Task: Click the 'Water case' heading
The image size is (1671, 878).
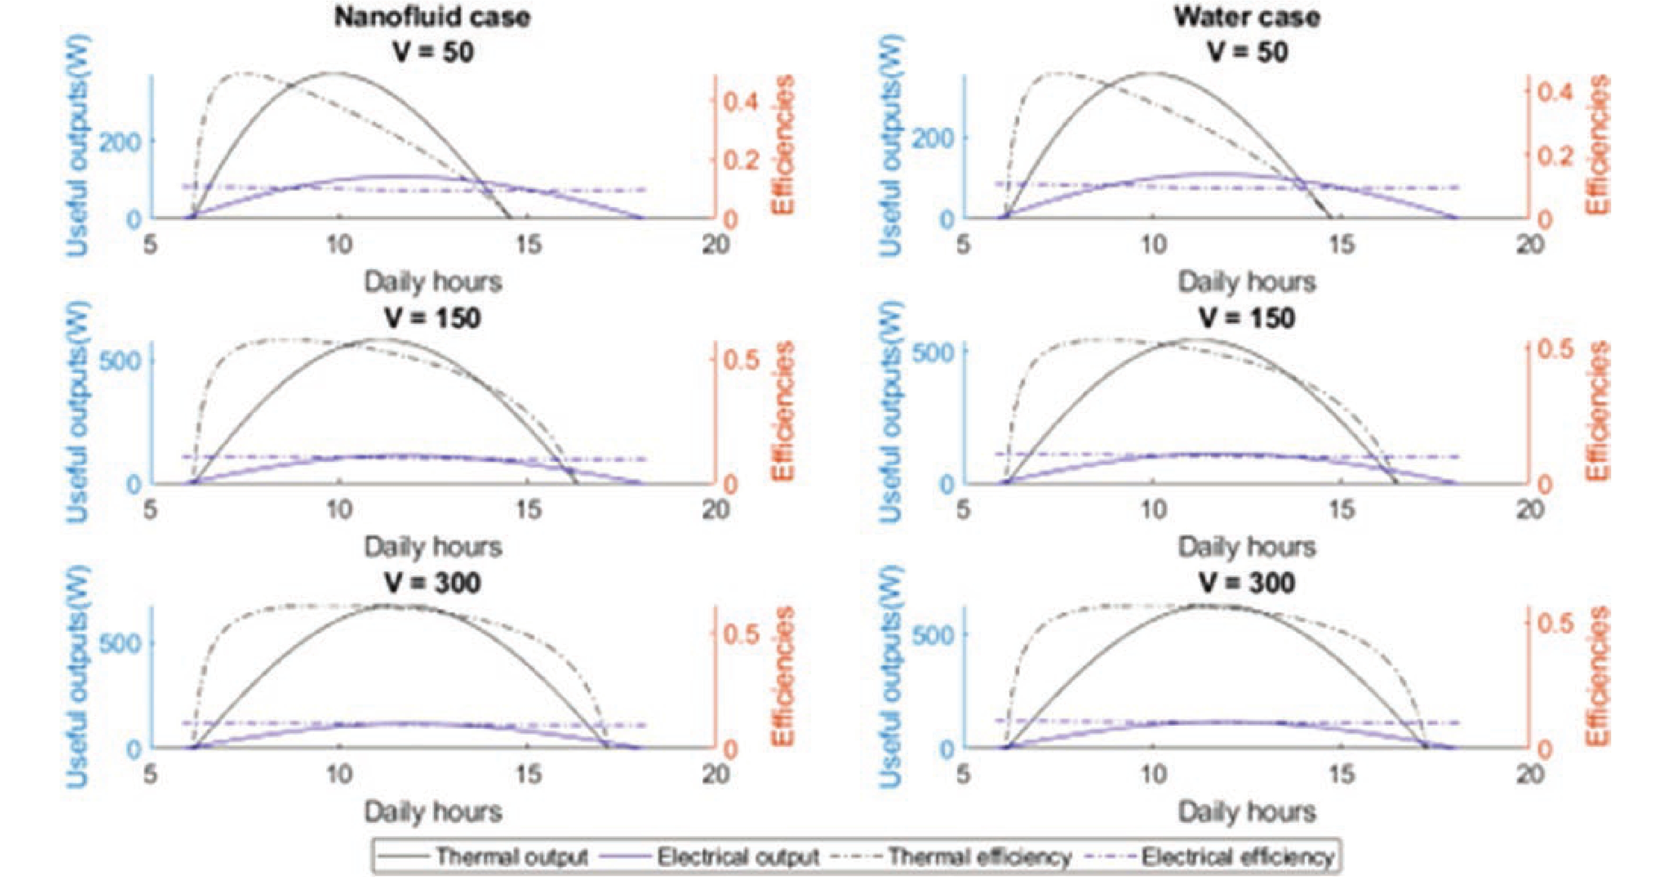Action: point(1247,17)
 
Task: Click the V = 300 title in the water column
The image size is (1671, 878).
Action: point(1247,582)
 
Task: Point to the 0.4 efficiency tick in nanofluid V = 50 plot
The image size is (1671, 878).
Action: point(741,102)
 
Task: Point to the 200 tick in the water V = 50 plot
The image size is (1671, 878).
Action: point(933,137)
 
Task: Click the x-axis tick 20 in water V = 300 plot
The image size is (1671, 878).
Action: point(1529,774)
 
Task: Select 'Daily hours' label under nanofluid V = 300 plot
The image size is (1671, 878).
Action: point(433,812)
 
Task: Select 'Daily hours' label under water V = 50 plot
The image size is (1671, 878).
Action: point(1247,282)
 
